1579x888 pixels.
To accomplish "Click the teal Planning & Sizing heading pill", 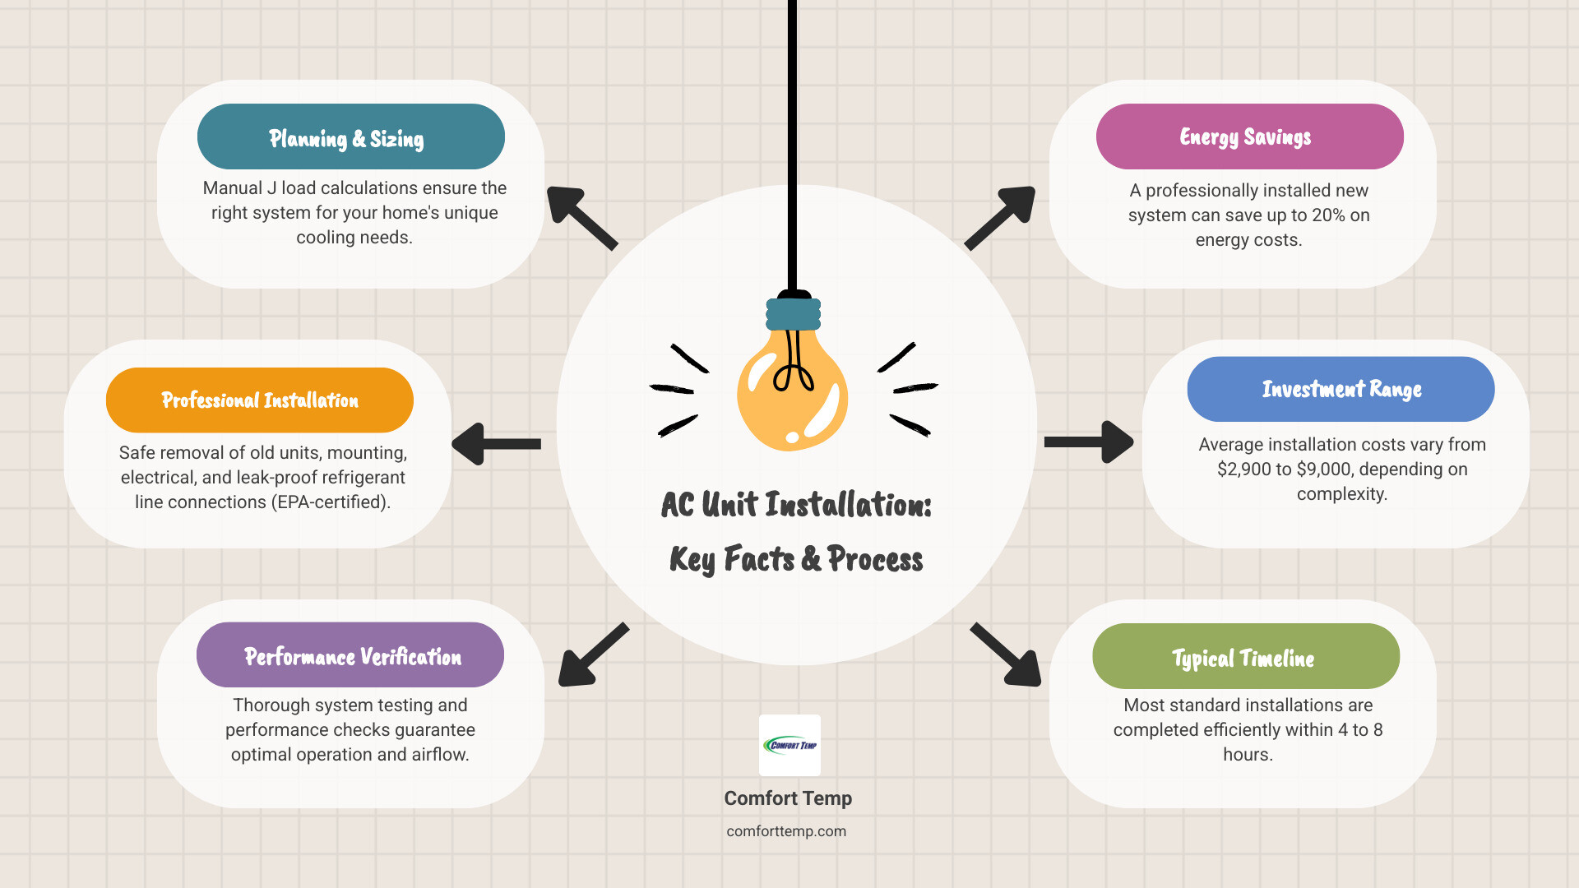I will click(x=350, y=136).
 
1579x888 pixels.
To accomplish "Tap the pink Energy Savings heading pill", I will click(x=1249, y=136).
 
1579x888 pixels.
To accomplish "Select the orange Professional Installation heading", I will click(x=259, y=400).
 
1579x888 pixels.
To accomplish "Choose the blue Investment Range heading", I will click(x=1341, y=389).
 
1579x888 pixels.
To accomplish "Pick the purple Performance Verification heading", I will click(x=350, y=655).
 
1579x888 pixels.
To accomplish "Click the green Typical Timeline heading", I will click(x=1245, y=656).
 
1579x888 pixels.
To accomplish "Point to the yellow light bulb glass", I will click(x=791, y=395).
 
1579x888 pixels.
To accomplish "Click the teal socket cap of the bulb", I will click(x=794, y=313).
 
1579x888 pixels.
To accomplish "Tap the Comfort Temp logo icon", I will click(x=789, y=745).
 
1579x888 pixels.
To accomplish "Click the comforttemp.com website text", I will click(x=786, y=831).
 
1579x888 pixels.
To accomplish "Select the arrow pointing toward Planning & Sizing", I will click(x=581, y=217).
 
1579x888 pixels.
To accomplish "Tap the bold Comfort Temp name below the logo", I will click(x=788, y=798).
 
